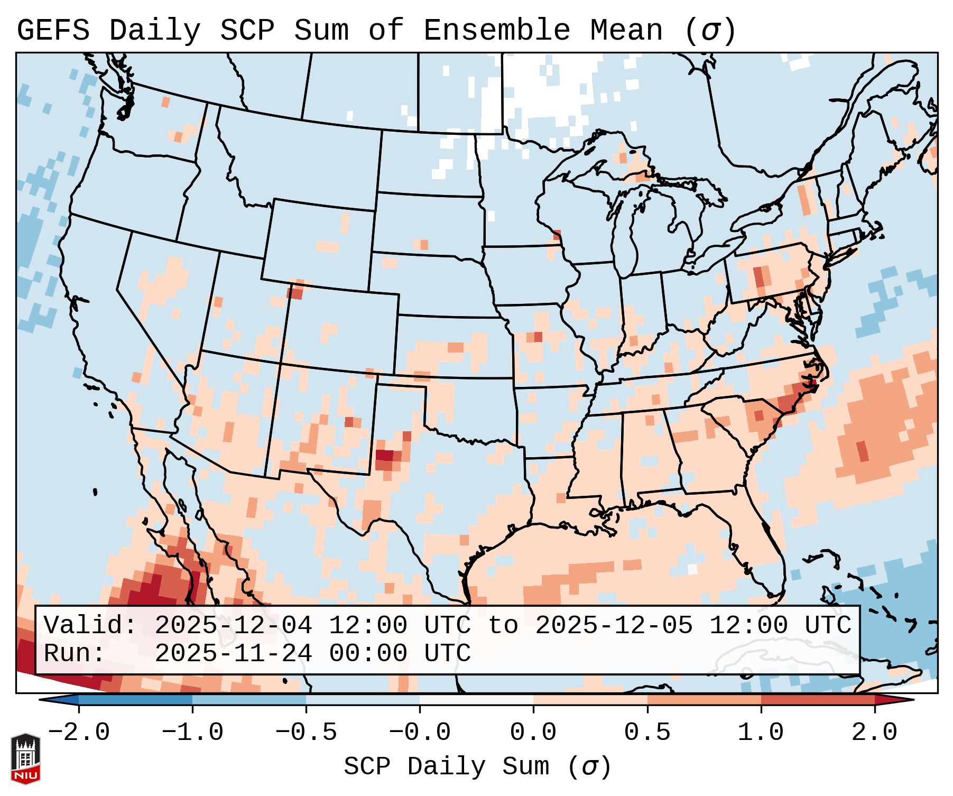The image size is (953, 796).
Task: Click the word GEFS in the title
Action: click(53, 31)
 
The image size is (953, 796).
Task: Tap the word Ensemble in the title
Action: click(497, 31)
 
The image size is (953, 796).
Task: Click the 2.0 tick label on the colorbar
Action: click(874, 733)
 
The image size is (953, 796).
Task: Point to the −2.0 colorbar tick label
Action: click(79, 733)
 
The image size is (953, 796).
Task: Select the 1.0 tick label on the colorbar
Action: click(761, 733)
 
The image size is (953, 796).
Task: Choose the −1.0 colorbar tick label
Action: click(192, 733)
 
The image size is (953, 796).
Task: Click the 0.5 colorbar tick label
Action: click(647, 733)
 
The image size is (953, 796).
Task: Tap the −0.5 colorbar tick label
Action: click(306, 733)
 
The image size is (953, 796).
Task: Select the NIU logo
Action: click(25, 759)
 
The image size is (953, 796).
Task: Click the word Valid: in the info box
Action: click(90, 626)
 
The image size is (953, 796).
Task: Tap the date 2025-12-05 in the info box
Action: click(614, 626)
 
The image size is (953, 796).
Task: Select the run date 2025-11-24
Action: click(233, 654)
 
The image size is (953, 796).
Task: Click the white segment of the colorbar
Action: click(476, 700)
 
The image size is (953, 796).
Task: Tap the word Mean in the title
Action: click(626, 31)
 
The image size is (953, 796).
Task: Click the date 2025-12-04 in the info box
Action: click(233, 626)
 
